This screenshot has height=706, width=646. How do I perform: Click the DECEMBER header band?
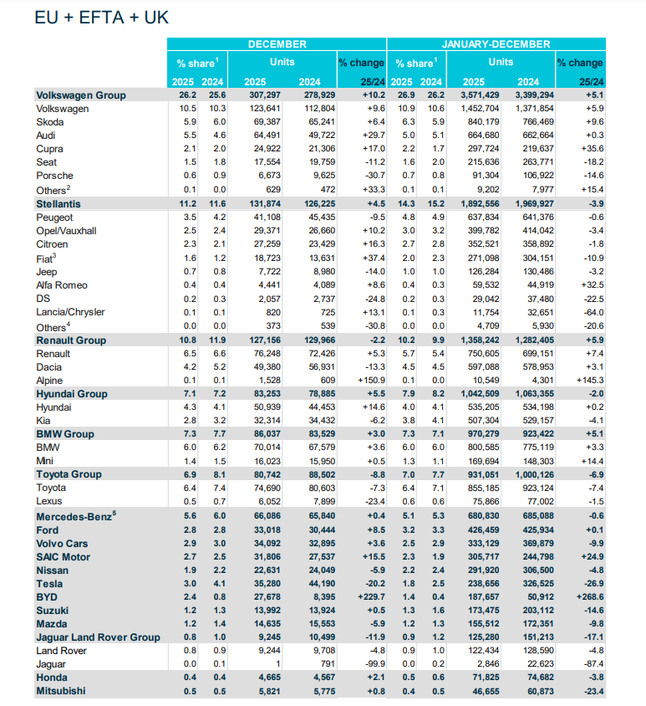click(277, 43)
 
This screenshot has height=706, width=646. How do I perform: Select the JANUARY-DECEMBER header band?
click(496, 43)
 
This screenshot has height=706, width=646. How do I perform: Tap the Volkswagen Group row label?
click(80, 95)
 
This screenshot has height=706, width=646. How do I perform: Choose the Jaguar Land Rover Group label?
click(98, 637)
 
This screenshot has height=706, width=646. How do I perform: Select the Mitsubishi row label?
click(63, 691)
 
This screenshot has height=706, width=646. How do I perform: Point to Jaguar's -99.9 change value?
click(371, 664)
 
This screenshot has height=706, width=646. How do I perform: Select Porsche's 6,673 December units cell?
click(266, 176)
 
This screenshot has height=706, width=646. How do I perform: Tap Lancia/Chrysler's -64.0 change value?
click(589, 313)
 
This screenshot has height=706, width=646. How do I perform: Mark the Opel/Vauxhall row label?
click(67, 229)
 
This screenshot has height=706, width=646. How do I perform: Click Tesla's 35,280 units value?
click(263, 584)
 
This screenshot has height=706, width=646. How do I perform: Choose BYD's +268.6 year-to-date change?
click(585, 597)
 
